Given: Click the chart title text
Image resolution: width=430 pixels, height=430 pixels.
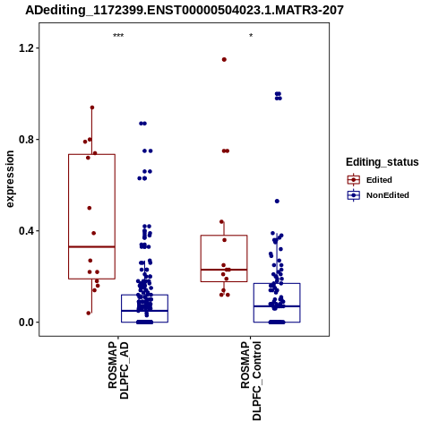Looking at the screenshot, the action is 185,10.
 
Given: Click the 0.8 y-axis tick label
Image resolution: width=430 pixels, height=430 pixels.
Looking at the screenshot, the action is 25,140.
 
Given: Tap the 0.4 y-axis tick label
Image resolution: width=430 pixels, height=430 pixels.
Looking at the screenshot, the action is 25,231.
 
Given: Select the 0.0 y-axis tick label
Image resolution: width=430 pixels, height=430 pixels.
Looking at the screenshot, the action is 25,322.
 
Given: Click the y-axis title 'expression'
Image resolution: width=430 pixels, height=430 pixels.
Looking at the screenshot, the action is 10,179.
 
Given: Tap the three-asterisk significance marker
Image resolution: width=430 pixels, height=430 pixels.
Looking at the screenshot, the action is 118,36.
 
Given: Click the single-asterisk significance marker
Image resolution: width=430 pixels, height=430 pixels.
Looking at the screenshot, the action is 251,36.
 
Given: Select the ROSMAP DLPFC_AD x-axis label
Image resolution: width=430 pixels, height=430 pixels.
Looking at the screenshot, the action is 118,370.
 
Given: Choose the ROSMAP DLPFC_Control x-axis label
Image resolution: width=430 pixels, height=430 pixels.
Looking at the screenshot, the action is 251,381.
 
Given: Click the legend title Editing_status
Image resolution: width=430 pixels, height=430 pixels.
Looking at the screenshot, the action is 383,162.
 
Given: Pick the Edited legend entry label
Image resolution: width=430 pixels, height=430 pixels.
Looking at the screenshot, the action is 379,180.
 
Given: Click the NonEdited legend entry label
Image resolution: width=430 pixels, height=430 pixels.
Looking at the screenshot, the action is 388,195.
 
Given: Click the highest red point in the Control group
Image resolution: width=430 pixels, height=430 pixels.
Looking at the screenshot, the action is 224,60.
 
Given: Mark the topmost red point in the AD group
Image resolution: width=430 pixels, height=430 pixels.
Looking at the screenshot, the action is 92,107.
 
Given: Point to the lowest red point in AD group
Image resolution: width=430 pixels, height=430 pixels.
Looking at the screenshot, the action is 89,313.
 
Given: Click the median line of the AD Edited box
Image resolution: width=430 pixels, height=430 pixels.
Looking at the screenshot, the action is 91,246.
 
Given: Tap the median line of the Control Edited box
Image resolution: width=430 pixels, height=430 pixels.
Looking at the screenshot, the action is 224,270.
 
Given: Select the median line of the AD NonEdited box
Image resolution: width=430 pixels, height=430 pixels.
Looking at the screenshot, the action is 144,311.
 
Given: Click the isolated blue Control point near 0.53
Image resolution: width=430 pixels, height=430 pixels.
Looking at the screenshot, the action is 277,202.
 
